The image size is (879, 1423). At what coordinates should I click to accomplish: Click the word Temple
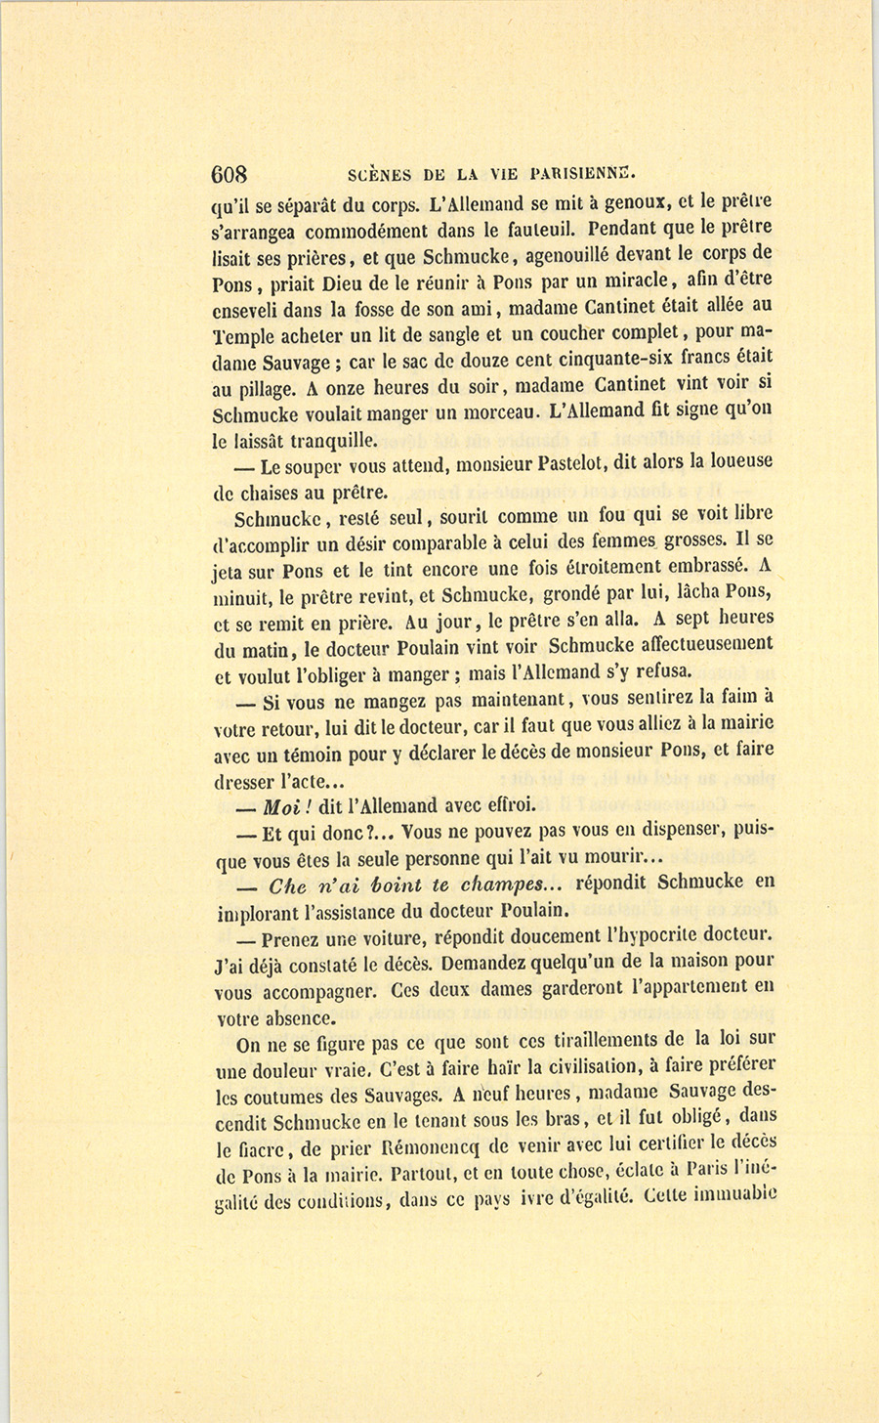pos(239,337)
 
